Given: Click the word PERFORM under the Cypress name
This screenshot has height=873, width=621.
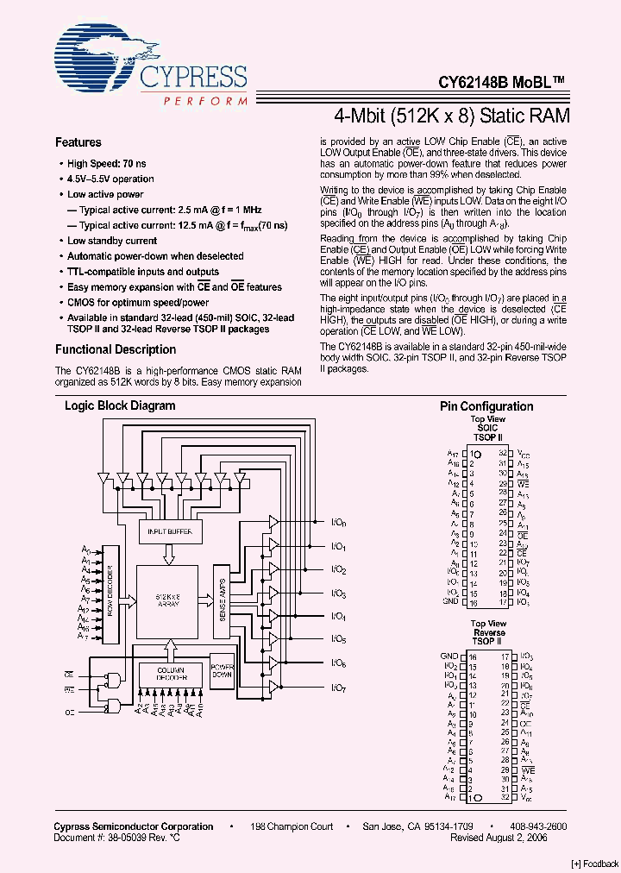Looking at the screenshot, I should coord(199,102).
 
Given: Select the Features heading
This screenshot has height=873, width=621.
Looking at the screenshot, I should coord(78,143).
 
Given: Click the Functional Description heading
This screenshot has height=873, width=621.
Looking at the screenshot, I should coord(116,350).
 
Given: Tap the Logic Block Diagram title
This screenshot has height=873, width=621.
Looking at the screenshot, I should coord(120,406).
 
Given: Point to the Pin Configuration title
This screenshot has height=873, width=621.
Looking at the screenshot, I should coord(486,407).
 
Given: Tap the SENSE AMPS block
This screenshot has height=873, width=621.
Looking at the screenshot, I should coord(223,600).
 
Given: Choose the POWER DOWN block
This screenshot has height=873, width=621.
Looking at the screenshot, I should coord(223,673).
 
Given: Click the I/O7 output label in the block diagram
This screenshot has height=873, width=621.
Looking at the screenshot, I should coord(338,688).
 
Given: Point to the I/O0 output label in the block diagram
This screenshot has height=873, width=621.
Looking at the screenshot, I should coord(338,524).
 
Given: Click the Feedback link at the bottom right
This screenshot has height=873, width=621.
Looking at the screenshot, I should coord(595,864).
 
